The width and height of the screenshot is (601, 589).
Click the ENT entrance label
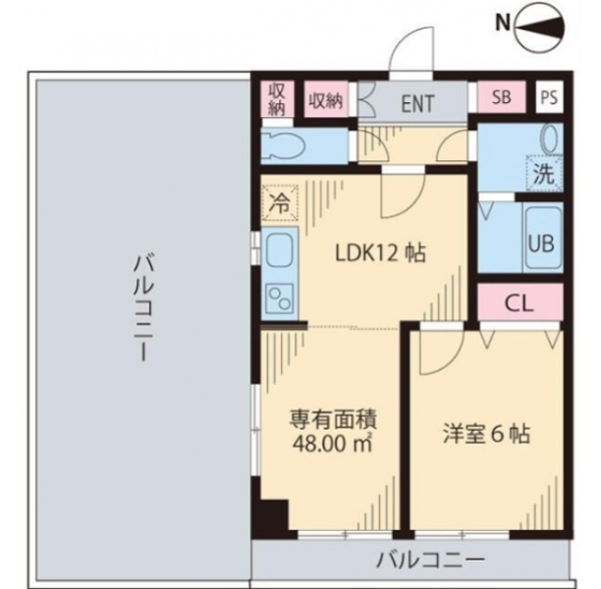click(417, 103)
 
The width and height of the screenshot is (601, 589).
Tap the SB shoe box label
click(502, 97)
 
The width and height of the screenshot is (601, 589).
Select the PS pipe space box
click(549, 97)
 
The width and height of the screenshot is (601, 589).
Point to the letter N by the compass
click(503, 24)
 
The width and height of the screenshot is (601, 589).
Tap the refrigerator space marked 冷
click(280, 202)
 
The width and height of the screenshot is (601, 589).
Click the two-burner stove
click(280, 298)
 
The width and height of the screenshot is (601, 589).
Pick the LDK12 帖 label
click(380, 253)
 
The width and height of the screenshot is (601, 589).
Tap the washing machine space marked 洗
click(544, 173)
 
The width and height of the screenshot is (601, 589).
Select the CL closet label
click(519, 303)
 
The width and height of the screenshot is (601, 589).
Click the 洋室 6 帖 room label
click(487, 435)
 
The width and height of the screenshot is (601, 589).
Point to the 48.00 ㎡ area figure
click(333, 444)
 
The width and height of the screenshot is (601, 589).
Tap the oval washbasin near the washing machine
click(551, 138)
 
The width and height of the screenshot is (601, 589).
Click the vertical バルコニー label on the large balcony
click(142, 309)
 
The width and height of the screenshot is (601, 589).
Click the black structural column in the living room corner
click(274, 514)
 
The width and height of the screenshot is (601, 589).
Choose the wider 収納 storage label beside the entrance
click(326, 101)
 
